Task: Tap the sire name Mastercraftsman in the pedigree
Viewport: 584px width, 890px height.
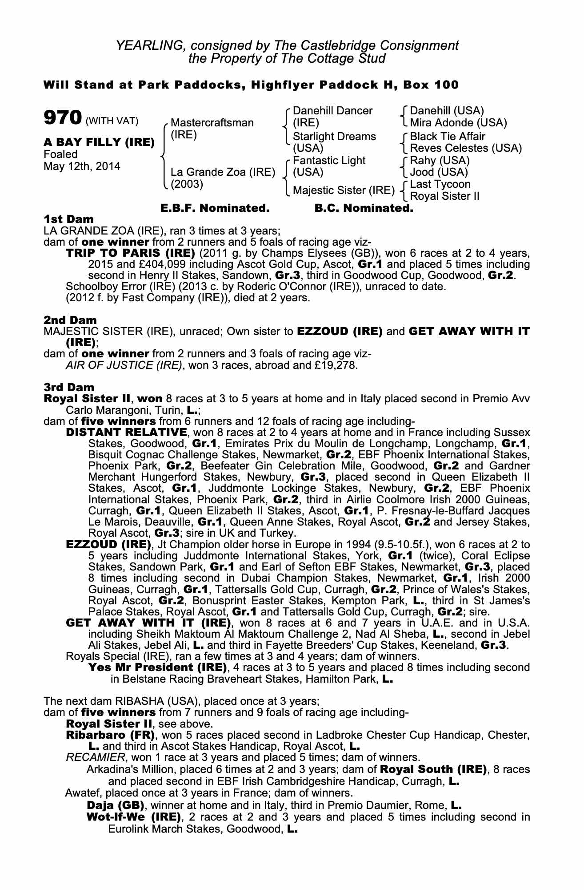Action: (x=212, y=122)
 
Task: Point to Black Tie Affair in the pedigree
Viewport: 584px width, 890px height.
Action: (x=447, y=136)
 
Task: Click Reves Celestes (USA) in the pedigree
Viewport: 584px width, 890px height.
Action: (x=465, y=148)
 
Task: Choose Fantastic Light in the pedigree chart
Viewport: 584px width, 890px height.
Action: (x=329, y=161)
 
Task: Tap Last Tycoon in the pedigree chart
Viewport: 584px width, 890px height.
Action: (x=440, y=184)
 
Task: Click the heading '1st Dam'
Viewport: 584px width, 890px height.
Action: (x=68, y=219)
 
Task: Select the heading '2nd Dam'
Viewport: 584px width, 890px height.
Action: (x=70, y=320)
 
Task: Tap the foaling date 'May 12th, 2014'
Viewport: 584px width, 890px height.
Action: (x=82, y=166)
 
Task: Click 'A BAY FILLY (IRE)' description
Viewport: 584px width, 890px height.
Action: (x=99, y=142)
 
